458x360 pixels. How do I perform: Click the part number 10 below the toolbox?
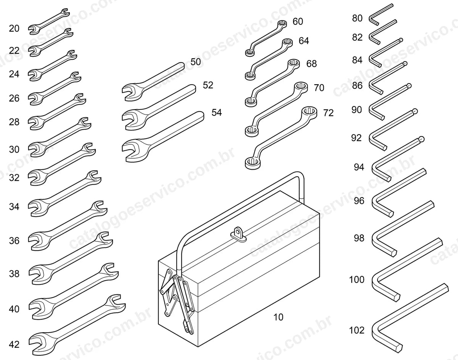pos(278,317)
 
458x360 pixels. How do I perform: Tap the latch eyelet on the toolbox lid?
pos(238,234)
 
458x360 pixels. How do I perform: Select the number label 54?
pos(217,112)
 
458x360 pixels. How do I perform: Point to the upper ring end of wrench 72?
pos(310,112)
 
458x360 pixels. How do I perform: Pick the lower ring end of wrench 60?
pos(250,52)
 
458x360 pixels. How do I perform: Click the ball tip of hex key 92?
pos(415,111)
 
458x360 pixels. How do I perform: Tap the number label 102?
pos(357,330)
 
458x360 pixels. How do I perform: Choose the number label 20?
pos(14,29)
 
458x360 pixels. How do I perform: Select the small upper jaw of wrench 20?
pos(65,12)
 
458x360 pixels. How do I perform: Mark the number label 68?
pos(311,64)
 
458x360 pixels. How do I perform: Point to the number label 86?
pos(357,85)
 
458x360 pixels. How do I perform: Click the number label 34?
pos(14,207)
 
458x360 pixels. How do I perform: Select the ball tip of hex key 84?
pos(401,40)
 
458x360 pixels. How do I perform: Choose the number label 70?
pos(319,88)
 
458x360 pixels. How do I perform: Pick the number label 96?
pos(359,201)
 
